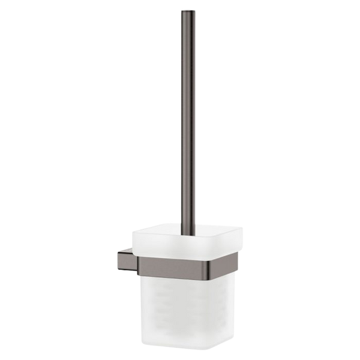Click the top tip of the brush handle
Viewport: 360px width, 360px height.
182,13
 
